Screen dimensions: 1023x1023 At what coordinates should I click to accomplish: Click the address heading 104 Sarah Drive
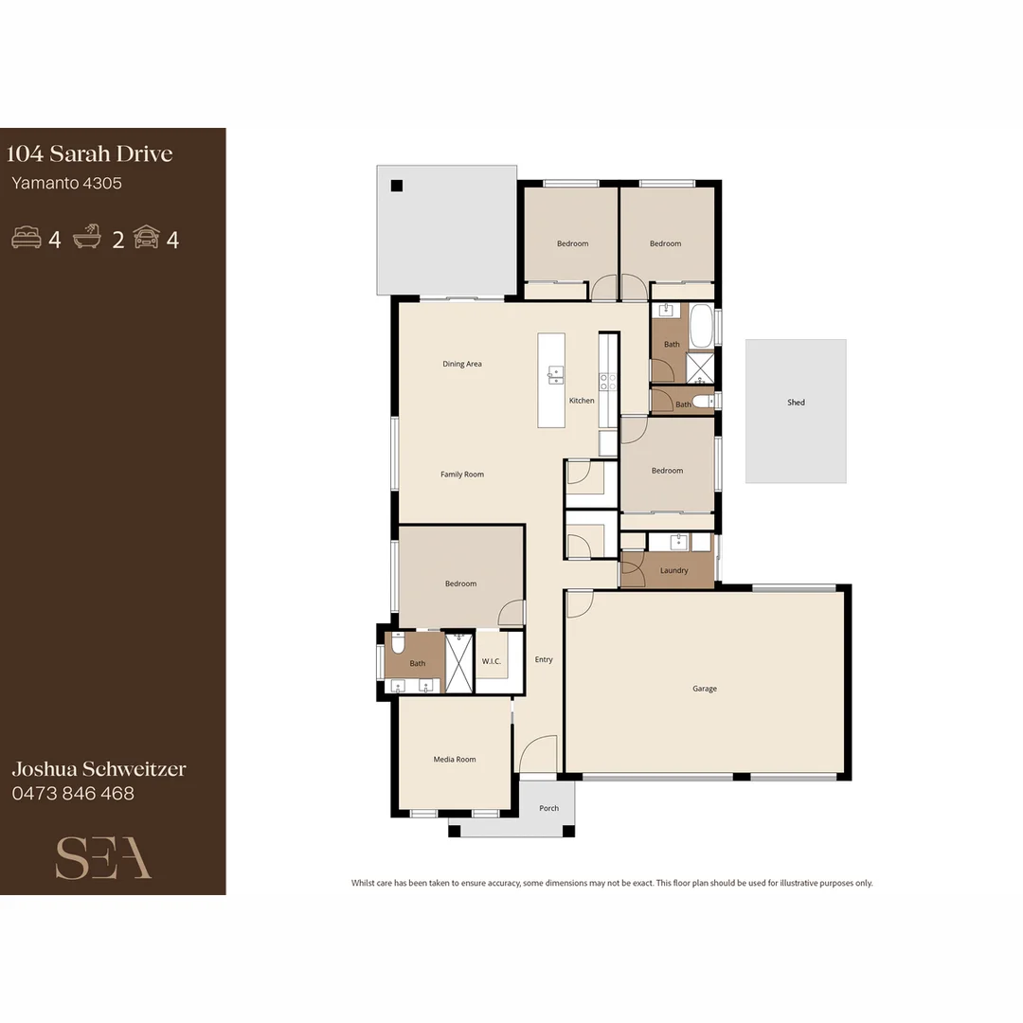point(90,153)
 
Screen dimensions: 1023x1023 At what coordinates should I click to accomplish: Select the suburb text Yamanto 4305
point(66,183)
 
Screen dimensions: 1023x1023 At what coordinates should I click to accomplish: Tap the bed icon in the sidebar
point(27,238)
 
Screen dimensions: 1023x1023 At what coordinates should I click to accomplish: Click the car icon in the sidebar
point(146,238)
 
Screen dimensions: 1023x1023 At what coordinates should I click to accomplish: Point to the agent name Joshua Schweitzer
point(99,768)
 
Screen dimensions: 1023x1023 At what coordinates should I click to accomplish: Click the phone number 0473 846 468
point(73,793)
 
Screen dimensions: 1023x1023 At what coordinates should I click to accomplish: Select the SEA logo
point(103,857)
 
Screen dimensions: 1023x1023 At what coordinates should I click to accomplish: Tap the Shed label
point(796,403)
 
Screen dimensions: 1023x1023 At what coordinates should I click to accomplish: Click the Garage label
point(704,689)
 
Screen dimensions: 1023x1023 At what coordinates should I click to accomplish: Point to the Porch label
point(548,808)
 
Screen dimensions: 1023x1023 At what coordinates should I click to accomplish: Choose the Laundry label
point(673,570)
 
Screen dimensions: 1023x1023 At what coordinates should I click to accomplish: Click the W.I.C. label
point(491,661)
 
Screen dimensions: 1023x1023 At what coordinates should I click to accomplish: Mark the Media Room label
point(455,759)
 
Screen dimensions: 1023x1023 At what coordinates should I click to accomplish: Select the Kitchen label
point(582,401)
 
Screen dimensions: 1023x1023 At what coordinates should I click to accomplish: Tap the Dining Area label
point(462,364)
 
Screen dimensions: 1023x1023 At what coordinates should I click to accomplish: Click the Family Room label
point(462,474)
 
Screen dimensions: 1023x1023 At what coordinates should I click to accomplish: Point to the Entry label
point(544,659)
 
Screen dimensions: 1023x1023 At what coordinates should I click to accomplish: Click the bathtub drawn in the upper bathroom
point(701,327)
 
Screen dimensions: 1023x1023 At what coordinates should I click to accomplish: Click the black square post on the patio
point(397,186)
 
